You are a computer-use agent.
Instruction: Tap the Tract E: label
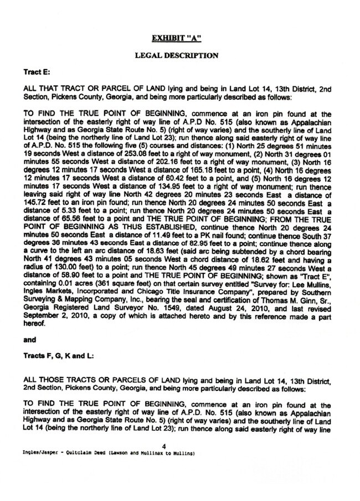click(x=37, y=73)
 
